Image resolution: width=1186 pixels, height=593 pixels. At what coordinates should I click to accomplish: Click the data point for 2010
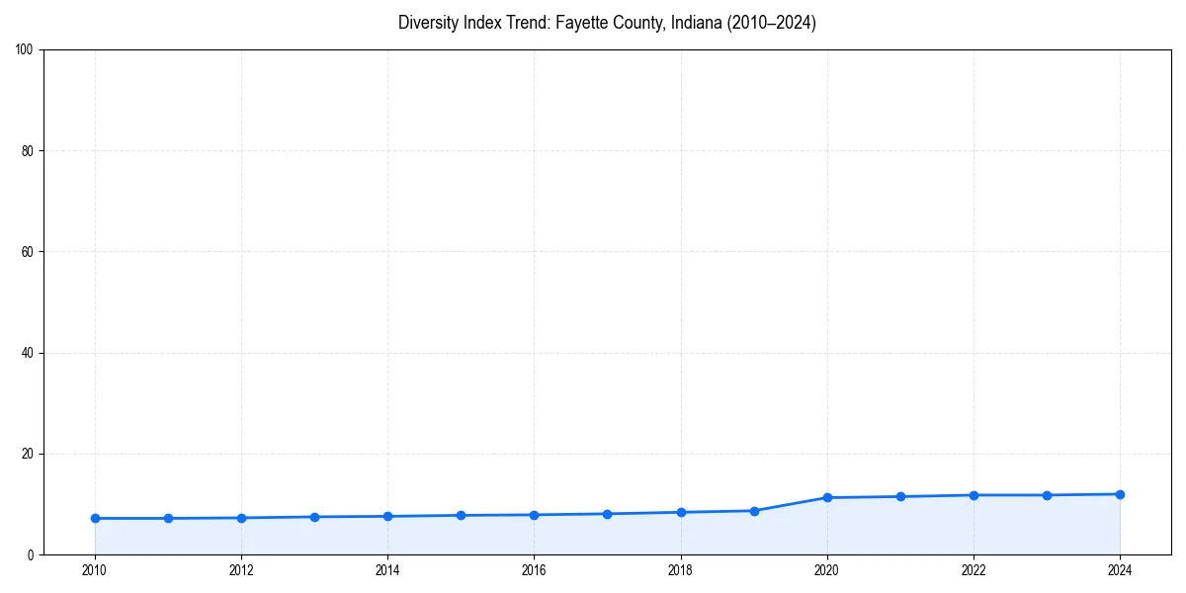pyautogui.click(x=95, y=518)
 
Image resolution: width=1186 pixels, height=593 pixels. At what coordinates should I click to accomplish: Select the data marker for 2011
pyautogui.click(x=168, y=518)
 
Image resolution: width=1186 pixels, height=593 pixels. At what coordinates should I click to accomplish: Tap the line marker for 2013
pyautogui.click(x=314, y=517)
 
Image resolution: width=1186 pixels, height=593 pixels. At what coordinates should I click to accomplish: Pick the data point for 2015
pyautogui.click(x=461, y=515)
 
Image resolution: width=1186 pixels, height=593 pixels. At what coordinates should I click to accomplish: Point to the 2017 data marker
pyautogui.click(x=607, y=514)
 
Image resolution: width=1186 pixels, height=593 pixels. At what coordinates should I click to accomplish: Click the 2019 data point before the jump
pyautogui.click(x=754, y=511)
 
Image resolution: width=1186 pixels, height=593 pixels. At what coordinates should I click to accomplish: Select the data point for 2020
pyautogui.click(x=827, y=497)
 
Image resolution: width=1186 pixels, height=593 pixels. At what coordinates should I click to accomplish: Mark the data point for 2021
pyautogui.click(x=900, y=496)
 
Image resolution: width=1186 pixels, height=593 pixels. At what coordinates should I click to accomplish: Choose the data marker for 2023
pyautogui.click(x=1047, y=495)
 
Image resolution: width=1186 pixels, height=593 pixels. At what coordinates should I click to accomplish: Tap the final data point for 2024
pyautogui.click(x=1120, y=494)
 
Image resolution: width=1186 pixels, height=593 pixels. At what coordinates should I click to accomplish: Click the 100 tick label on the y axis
pyautogui.click(x=25, y=50)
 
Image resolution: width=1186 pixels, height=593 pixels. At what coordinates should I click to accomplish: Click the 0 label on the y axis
pyautogui.click(x=31, y=554)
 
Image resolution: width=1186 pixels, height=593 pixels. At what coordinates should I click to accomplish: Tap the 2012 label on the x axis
pyautogui.click(x=241, y=570)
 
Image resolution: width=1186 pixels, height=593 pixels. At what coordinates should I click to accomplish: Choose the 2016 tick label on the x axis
pyautogui.click(x=534, y=570)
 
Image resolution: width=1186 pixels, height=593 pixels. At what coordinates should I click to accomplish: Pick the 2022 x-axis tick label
pyautogui.click(x=974, y=570)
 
